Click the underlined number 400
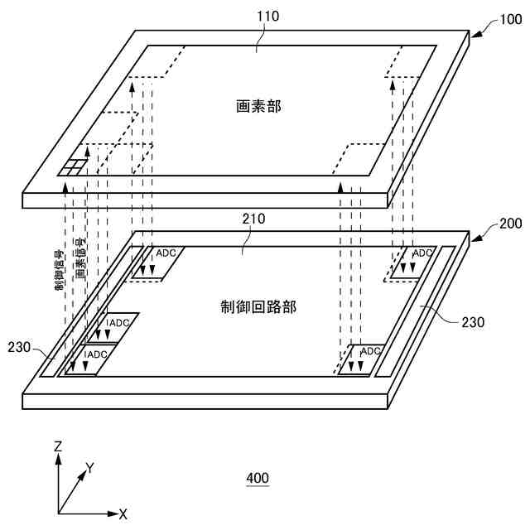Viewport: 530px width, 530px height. (258, 479)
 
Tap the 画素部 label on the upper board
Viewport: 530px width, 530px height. (253, 106)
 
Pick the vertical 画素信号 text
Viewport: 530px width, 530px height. (79, 259)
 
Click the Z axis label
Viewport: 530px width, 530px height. (58, 446)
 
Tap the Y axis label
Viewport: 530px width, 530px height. (90, 468)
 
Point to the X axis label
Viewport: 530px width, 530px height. (123, 514)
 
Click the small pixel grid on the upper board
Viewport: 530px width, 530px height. (72, 167)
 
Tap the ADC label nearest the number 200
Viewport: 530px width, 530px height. (423, 253)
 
